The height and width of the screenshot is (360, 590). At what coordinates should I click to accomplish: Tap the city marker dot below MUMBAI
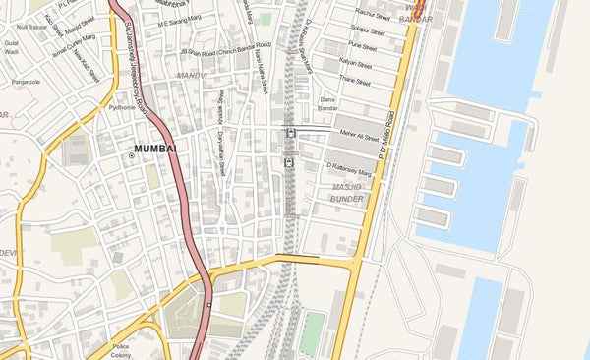point(131,157)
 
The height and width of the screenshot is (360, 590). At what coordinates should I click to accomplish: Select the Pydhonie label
point(122,107)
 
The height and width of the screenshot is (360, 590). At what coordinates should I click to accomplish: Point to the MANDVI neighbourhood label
point(193,75)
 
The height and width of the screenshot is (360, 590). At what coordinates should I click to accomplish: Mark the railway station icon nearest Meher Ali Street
point(290,133)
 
